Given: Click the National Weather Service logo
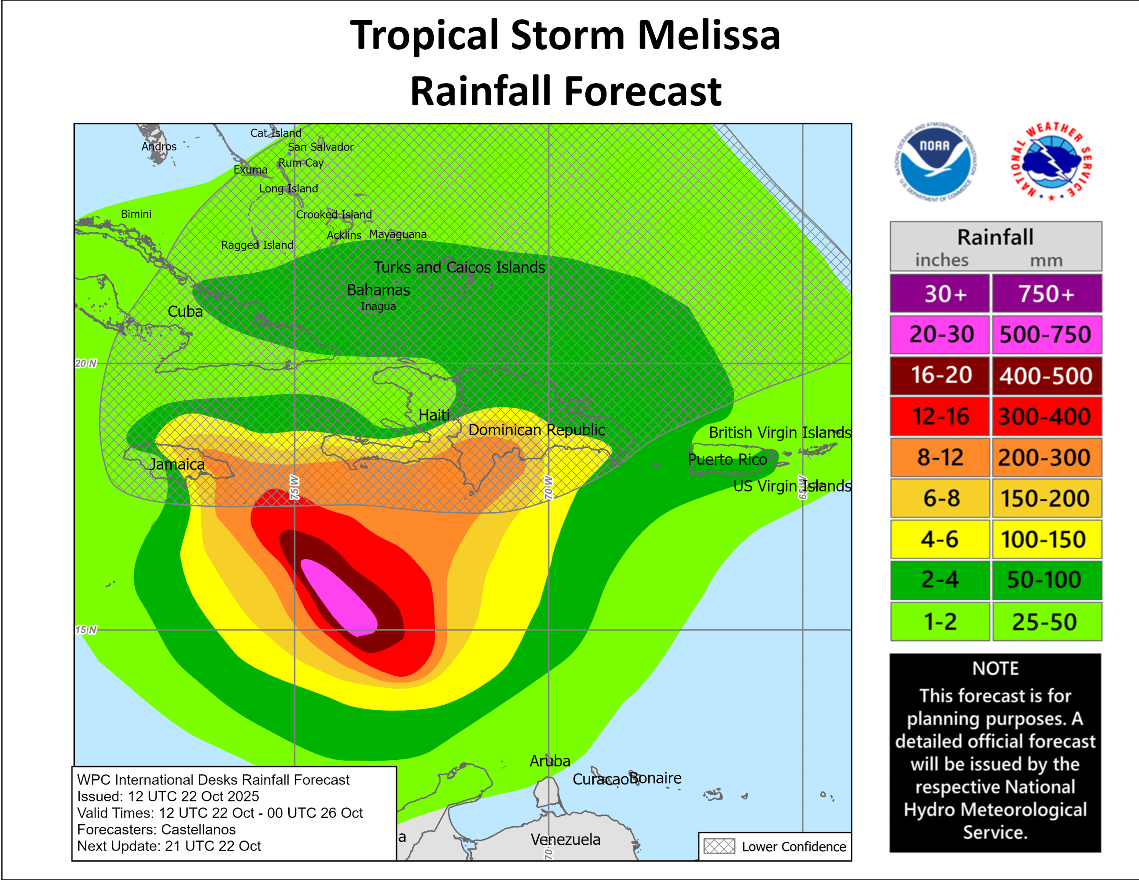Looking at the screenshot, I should pos(1052,162).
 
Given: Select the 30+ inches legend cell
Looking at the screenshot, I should pos(940,293).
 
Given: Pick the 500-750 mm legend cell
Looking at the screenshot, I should pos(1046,334).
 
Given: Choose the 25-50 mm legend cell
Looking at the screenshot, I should pos(1046,621).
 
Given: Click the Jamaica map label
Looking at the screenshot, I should pos(177,464).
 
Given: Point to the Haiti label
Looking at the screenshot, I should pos(434,415).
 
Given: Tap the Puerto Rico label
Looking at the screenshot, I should pos(727,459).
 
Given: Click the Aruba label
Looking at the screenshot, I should pos(550,761).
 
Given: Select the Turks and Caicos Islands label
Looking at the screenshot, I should pos(459,268).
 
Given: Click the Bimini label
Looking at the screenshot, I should pos(136,214).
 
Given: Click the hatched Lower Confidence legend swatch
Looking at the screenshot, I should pos(719,846).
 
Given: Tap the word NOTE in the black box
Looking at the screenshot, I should pos(995,668).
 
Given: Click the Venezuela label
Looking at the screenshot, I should pos(566,840).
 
